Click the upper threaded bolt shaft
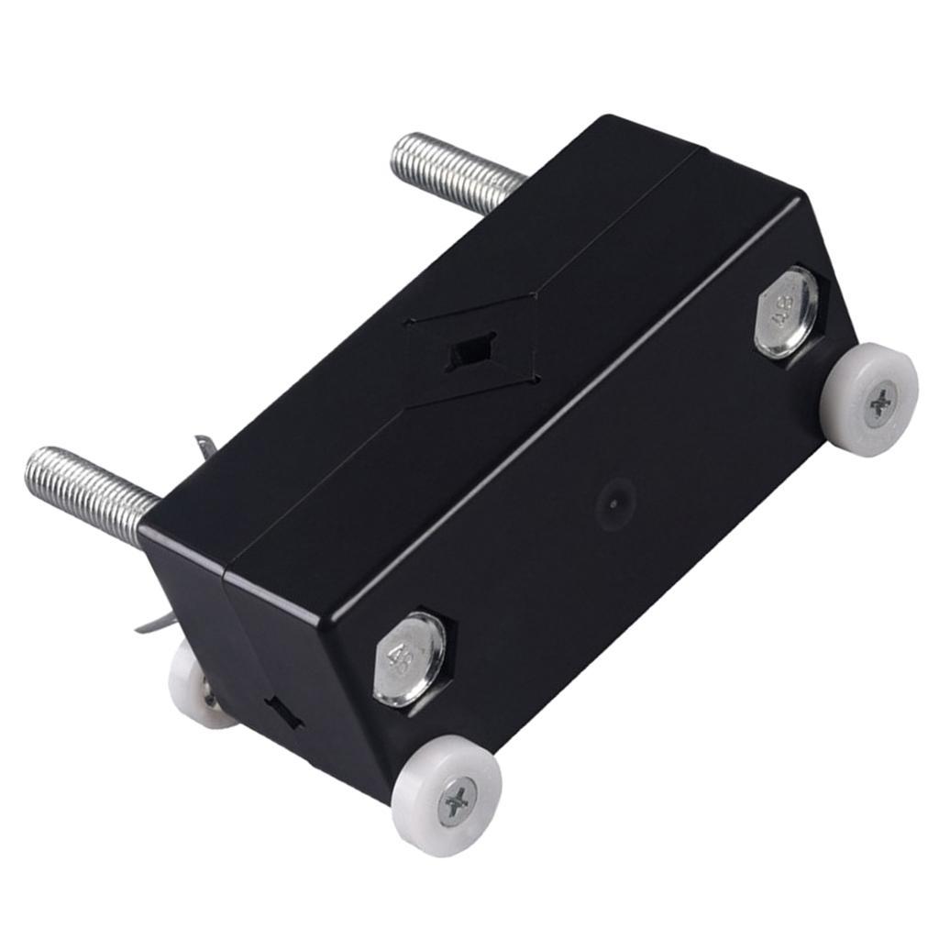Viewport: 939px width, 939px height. tap(458, 171)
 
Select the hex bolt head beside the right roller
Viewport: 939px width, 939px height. tap(786, 312)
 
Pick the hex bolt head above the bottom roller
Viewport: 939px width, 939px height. tap(409, 659)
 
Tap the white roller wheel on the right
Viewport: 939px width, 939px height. tap(869, 400)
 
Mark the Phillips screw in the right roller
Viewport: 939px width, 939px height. tap(881, 402)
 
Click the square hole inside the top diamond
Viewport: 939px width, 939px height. tap(471, 352)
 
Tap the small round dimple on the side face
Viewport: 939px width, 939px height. tap(613, 503)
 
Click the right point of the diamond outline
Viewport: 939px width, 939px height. tap(539, 293)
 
